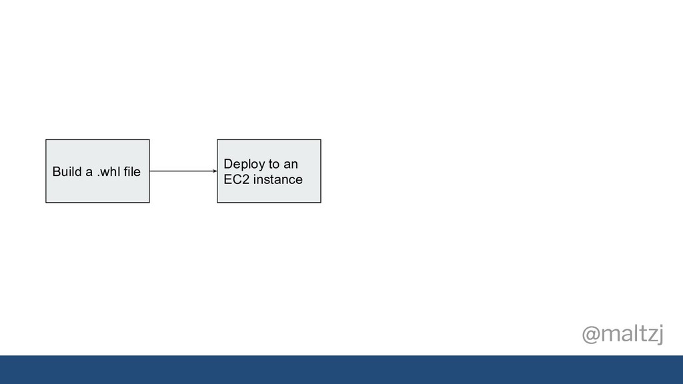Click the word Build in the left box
[x=67, y=171]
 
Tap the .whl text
[x=108, y=171]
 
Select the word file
[x=132, y=171]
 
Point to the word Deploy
[x=244, y=165]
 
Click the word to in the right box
[x=274, y=164]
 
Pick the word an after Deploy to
[x=291, y=165]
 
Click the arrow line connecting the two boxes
[x=183, y=171]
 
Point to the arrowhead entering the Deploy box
[x=215, y=171]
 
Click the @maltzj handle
[x=623, y=335]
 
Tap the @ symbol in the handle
[x=591, y=335]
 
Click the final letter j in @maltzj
[x=660, y=335]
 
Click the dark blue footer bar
[x=341, y=369]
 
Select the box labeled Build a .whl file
[x=97, y=171]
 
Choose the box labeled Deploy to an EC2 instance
[x=269, y=171]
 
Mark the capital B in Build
[x=56, y=171]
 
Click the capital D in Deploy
[x=228, y=164]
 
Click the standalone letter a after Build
[x=89, y=173]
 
